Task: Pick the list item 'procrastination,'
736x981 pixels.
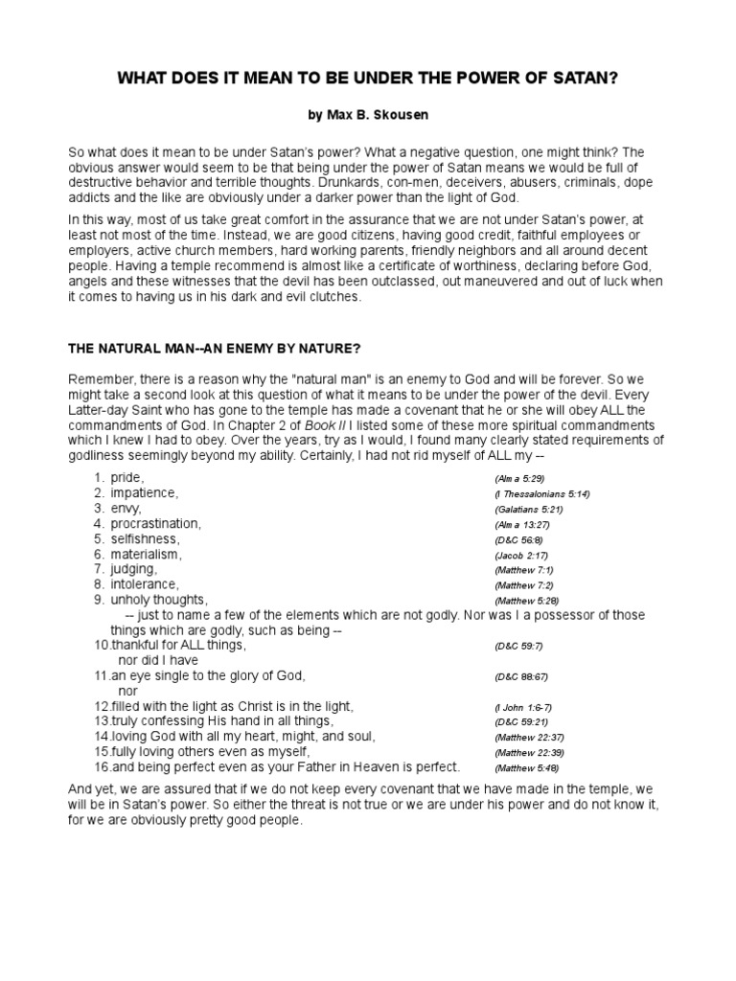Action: point(156,524)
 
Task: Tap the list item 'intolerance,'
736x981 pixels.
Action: point(145,584)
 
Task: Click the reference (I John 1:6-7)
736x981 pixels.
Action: point(524,708)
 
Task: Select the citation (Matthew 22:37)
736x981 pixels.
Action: point(531,739)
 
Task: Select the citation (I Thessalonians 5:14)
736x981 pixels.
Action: point(543,494)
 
